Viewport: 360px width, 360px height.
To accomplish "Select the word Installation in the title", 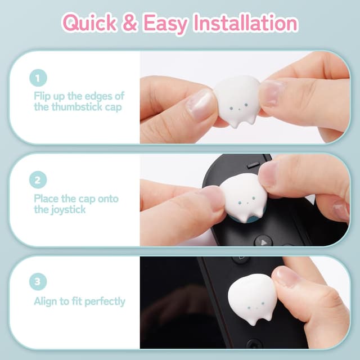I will point(245,23).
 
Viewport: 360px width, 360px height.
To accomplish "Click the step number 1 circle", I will point(38,77).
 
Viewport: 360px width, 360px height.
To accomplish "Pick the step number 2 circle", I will point(38,180).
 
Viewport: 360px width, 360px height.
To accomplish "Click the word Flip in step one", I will point(43,96).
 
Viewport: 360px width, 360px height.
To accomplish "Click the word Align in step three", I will point(47,301).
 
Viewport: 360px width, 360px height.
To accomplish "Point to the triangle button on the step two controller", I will point(263,240).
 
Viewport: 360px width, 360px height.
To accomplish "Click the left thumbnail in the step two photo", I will point(215,197).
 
